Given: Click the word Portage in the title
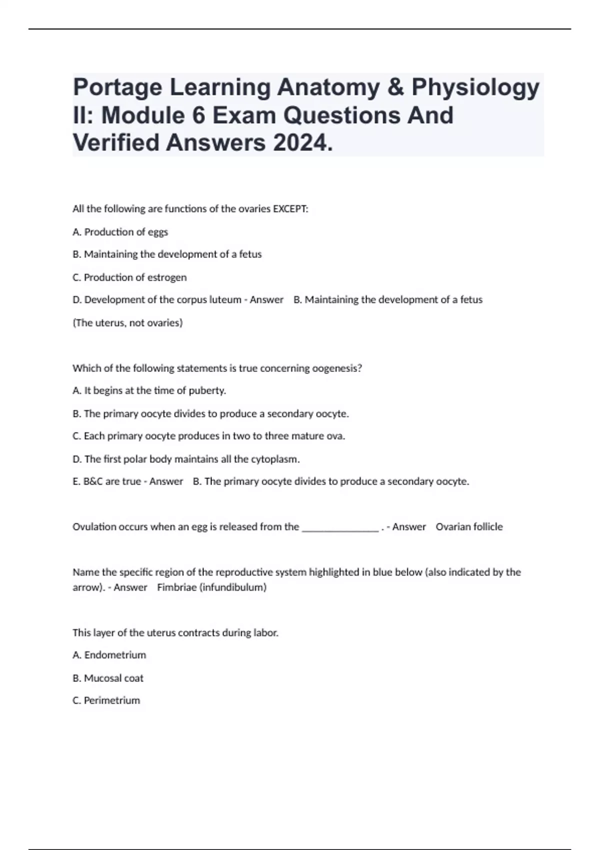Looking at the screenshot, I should coord(118,88).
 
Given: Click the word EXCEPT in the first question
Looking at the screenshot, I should coord(289,209).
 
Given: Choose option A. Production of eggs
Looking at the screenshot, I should coord(120,232).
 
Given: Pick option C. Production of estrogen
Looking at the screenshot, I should coord(129,277).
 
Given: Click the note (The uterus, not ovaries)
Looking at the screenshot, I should coord(127,323).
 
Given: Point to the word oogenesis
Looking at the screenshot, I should coord(336,368).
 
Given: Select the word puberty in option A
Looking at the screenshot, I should coord(207,391).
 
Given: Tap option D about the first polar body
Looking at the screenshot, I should coord(186,459).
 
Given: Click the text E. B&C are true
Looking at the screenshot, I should coord(106,481).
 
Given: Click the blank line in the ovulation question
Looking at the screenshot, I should coord(340,527).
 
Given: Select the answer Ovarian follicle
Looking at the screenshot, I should coord(469,527).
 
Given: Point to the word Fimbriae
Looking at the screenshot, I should coord(176,587).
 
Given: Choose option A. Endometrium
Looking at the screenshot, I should coord(109,655).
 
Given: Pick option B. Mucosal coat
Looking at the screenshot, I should coord(108,678).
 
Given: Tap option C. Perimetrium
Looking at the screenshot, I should coord(106,700).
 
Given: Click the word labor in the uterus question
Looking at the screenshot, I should coord(265,633).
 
